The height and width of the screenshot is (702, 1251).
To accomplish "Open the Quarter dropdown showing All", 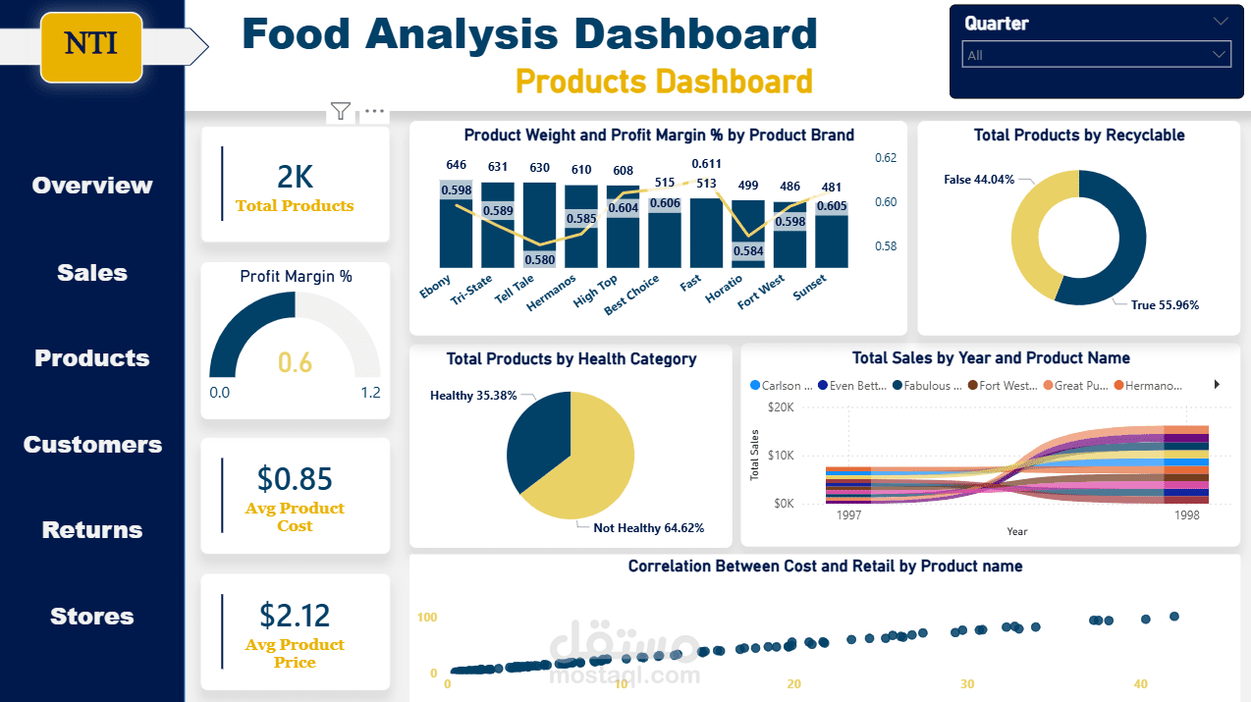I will click(1096, 55).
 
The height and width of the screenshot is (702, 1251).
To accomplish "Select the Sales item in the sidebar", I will click(92, 273).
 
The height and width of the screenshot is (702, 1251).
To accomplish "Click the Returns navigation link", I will click(92, 530).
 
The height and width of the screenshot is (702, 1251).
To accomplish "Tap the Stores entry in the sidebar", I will click(92, 617).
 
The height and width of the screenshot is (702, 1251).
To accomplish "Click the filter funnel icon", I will click(341, 111).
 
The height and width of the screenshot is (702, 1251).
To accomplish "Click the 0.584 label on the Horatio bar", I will click(748, 250).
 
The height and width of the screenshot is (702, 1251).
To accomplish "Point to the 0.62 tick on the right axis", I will click(885, 157).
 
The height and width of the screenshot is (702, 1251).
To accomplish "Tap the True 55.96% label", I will click(1165, 305).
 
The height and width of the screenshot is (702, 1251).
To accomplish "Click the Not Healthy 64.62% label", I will click(648, 528).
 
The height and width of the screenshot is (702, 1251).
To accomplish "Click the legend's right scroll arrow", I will click(1218, 385).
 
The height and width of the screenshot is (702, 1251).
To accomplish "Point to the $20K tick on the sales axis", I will click(780, 406).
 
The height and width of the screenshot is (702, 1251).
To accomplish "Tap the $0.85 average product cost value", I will click(295, 478).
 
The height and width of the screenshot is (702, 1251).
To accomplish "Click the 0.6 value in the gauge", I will click(295, 363).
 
